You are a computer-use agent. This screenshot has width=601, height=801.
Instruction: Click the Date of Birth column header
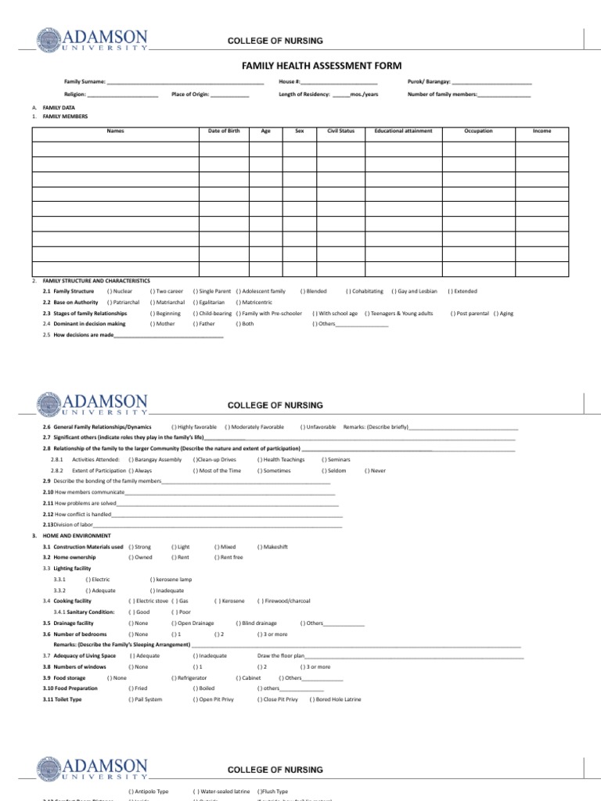coord(224,131)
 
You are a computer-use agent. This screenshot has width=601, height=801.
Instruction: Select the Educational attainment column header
coord(403,131)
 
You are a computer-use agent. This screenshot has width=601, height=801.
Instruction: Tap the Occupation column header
coord(478,131)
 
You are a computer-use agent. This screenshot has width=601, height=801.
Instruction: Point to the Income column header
coord(542,131)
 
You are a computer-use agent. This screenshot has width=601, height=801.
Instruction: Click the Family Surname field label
coord(85,81)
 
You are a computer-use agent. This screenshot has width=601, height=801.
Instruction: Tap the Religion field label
coord(75,94)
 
